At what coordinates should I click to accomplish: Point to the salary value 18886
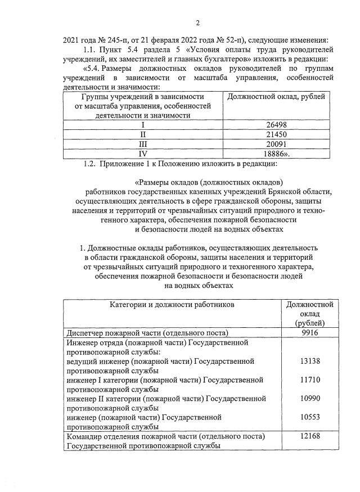click(x=277, y=154)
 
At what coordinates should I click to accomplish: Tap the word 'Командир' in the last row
click(x=84, y=436)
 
